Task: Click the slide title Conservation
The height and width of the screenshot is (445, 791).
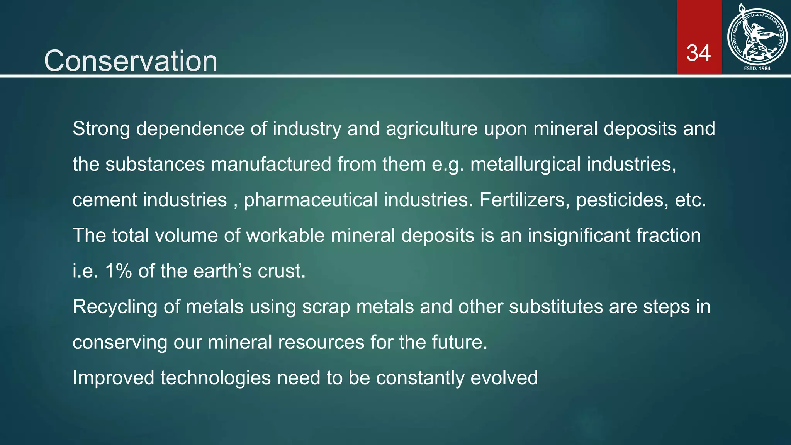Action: pos(131,61)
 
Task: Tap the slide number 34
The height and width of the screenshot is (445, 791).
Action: pos(698,53)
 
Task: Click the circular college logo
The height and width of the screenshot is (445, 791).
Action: pos(757,37)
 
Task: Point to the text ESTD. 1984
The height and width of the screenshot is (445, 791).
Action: pos(757,68)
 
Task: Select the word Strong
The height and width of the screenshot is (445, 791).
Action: pos(101,129)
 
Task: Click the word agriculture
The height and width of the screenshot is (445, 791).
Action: pos(431,129)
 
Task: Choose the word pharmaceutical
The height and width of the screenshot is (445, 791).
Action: pos(311,200)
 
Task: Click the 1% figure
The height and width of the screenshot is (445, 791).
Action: pos(118,271)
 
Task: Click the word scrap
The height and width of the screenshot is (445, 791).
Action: pos(326,307)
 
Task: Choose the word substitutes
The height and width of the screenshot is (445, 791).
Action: pos(556,306)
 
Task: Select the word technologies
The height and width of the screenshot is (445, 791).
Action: pos(216,378)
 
